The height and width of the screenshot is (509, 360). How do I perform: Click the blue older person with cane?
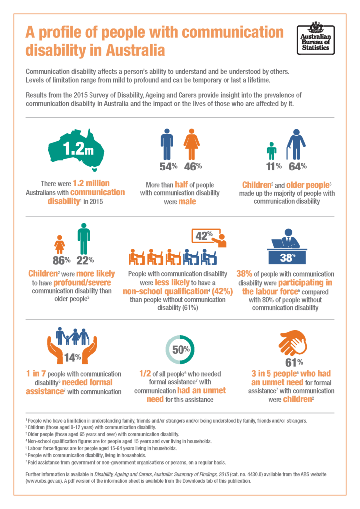click(296, 144)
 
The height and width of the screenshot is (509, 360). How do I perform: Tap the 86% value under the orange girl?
click(61, 259)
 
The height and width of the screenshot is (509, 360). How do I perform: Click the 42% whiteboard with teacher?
click(209, 237)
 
